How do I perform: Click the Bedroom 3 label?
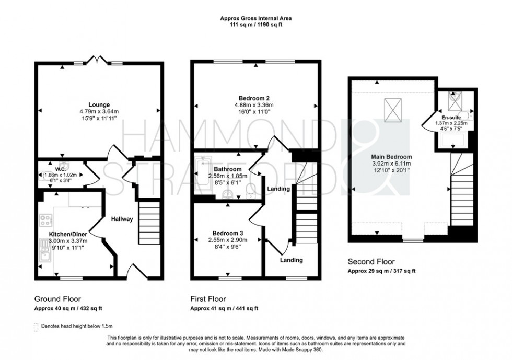[x=228, y=233]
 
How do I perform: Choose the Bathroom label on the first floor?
[x=227, y=169]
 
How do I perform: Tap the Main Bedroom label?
[x=391, y=157]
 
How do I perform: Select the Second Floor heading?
[x=371, y=262]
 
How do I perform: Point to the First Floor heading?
[x=208, y=299]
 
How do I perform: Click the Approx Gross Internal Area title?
[x=255, y=18]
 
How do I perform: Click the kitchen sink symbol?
[x=45, y=253]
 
